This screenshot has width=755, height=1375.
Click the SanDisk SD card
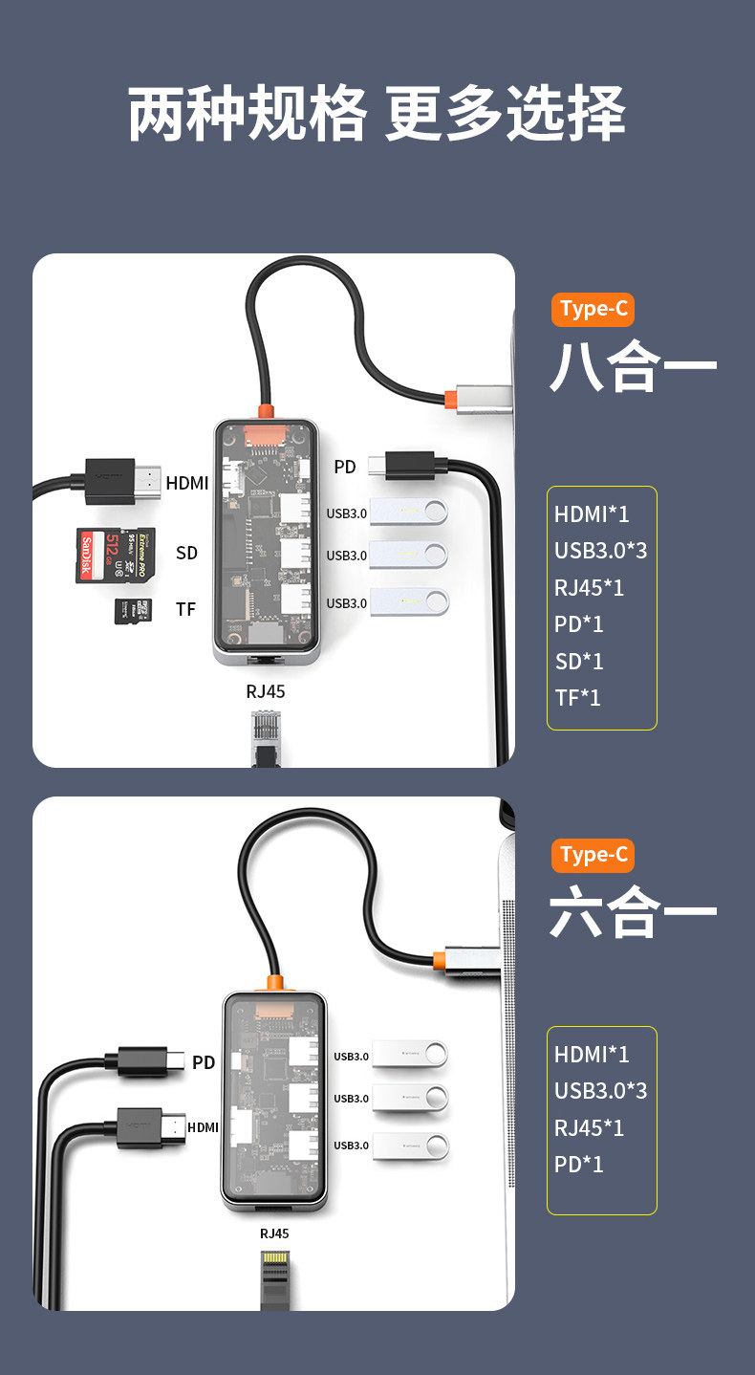[114, 556]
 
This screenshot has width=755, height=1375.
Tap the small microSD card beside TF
[133, 611]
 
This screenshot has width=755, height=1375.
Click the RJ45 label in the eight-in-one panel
[266, 691]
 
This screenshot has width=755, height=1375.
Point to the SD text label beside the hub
[186, 553]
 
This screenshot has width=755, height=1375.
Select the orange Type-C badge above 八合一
[593, 309]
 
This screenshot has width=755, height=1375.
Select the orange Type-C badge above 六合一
[593, 855]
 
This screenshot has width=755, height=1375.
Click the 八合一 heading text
[633, 366]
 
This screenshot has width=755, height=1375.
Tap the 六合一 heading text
[633, 913]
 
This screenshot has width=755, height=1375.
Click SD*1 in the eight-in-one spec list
[579, 662]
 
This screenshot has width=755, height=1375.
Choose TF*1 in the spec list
[578, 698]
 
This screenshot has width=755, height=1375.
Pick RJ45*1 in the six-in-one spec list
[589, 1128]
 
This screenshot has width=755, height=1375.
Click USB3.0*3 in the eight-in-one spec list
[600, 551]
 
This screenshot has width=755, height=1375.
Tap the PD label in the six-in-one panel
[204, 1062]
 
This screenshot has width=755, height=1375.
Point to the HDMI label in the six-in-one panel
[203, 1127]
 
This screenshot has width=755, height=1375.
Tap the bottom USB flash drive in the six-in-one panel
[409, 1146]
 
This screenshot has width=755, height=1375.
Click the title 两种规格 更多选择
[377, 115]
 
